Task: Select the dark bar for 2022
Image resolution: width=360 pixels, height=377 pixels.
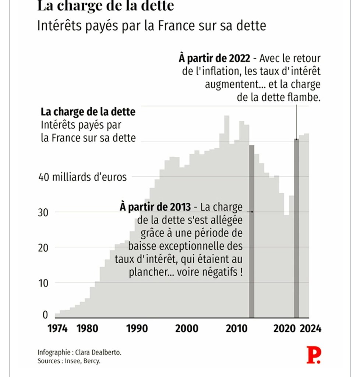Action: point(296,228)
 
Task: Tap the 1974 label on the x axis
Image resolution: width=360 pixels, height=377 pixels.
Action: point(58,328)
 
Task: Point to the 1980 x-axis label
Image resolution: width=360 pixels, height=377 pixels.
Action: point(88,328)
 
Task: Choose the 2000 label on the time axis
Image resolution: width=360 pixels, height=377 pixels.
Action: point(187,328)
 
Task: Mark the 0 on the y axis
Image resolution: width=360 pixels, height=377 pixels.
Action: point(45,315)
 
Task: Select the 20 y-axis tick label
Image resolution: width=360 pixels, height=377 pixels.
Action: point(43,247)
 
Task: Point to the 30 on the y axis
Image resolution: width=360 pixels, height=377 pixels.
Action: point(43,212)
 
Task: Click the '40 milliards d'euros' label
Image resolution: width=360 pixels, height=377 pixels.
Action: point(82,177)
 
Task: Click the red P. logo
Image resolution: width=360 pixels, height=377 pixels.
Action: point(314,355)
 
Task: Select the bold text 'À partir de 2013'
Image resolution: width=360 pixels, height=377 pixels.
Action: point(155,207)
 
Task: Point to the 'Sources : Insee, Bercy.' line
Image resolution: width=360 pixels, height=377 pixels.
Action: point(69,361)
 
